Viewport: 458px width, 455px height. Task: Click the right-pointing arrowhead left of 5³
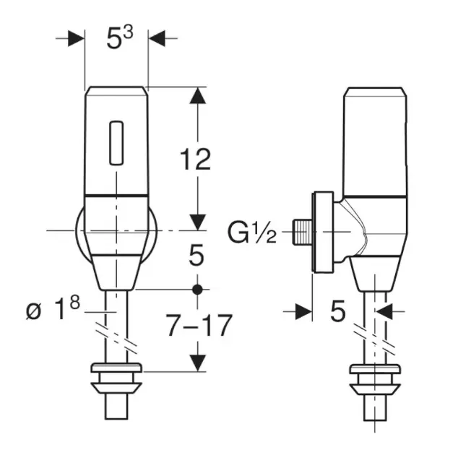pyautogui.click(x=77, y=38)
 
